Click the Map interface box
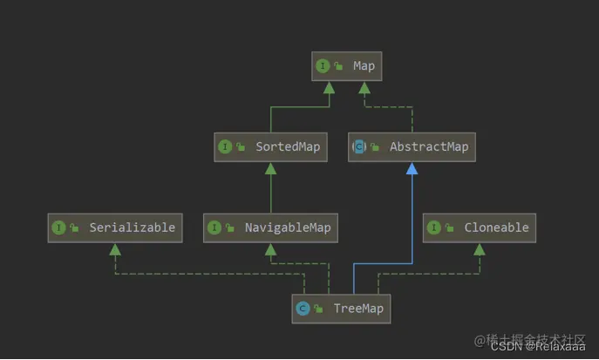pos(345,66)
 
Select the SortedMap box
pos(269,147)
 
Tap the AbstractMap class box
pos(412,147)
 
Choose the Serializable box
pos(114,228)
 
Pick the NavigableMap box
pos(270,228)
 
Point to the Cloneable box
pos(479,228)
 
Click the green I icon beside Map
pos(323,66)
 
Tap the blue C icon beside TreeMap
pos(303,309)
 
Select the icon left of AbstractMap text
pos(358,147)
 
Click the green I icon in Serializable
pos(58,228)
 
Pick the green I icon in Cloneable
pos(433,228)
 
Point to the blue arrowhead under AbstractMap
pos(412,168)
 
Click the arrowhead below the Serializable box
pos(114,249)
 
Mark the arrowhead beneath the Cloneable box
pos(479,249)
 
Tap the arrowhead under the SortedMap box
pos(270,168)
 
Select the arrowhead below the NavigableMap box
pos(270,249)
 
